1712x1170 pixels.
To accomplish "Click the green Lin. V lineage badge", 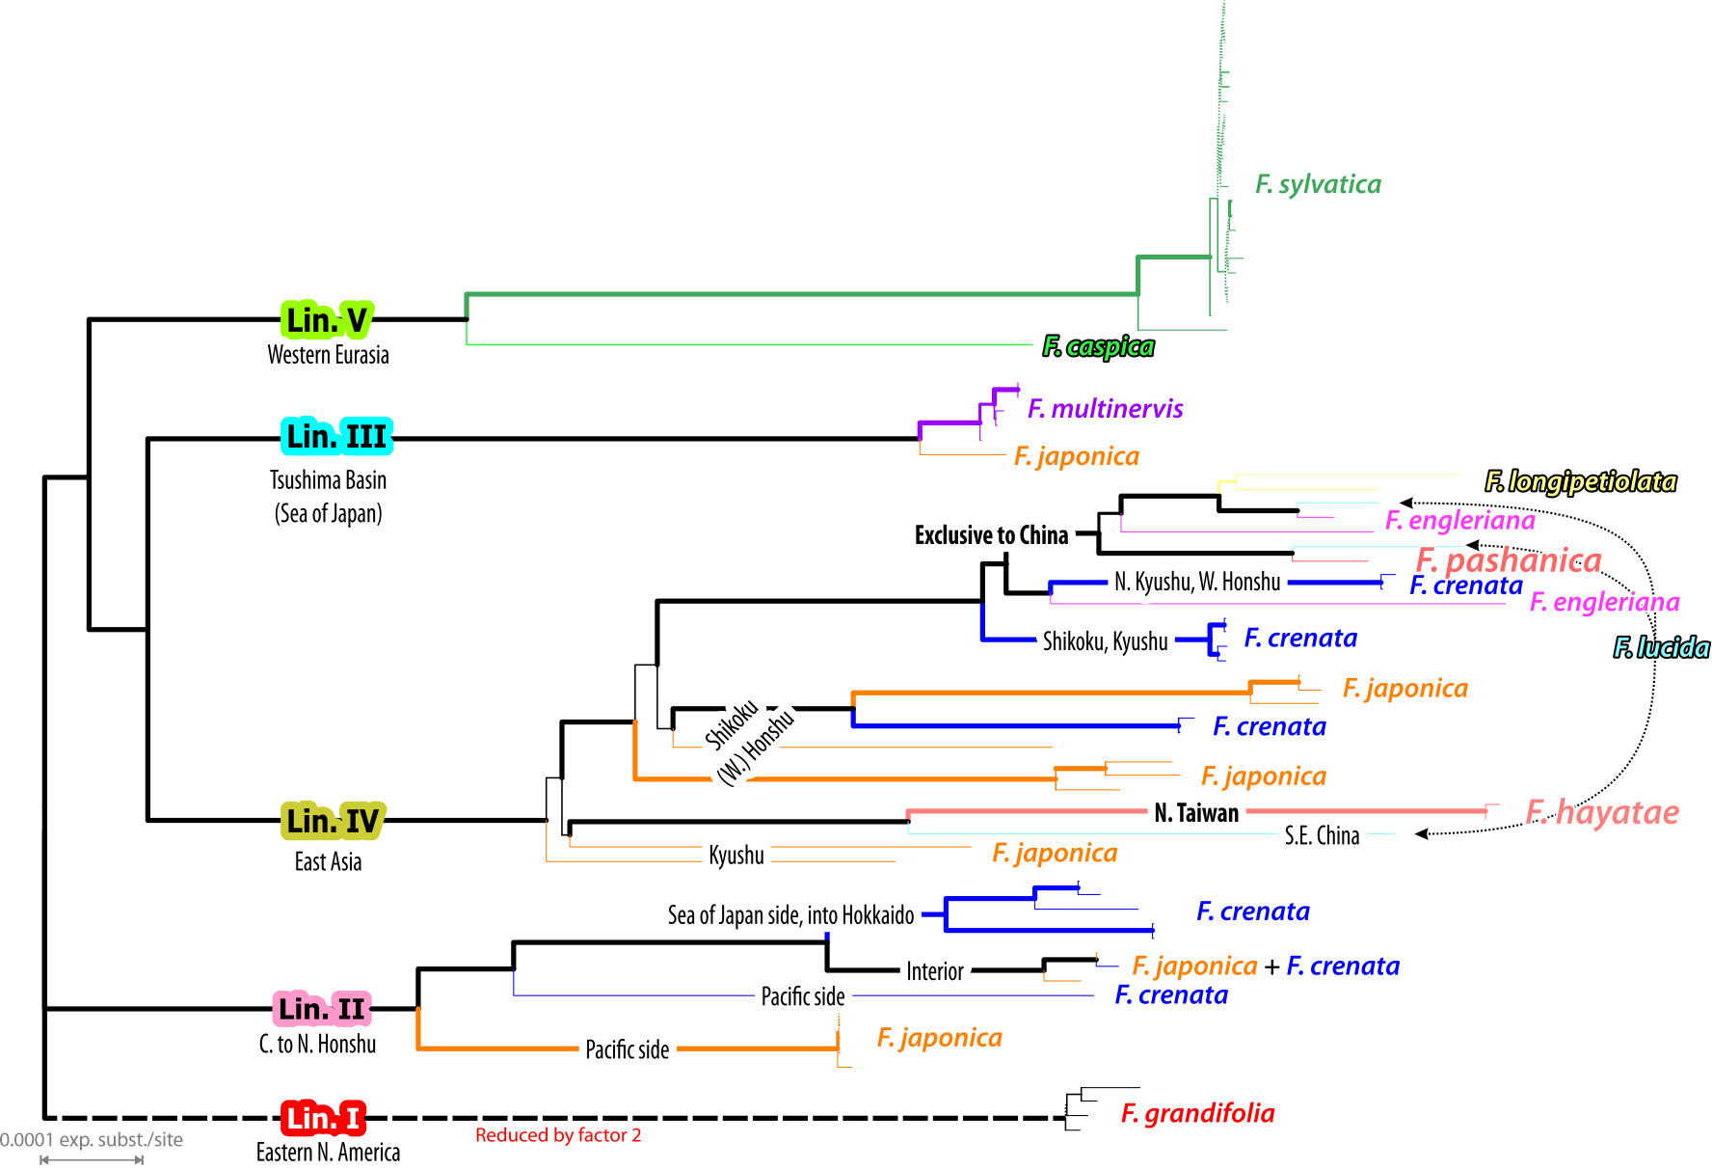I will [327, 319].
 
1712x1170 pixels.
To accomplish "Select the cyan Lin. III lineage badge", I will [336, 437].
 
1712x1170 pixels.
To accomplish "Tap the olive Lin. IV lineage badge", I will [333, 821].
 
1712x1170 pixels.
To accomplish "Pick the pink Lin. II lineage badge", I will [322, 1009].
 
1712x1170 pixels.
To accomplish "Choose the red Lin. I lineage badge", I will [324, 1118].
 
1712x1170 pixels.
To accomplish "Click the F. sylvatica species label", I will [1318, 184].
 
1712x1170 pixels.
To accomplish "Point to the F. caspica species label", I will [1098, 346].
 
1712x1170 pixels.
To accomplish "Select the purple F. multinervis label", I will [1105, 409].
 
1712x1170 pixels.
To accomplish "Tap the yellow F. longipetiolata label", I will [1580, 481].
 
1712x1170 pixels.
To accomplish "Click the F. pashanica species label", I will [1509, 560].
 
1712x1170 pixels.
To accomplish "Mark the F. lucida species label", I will [1662, 647].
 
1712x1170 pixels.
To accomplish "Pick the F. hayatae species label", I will [1602, 812].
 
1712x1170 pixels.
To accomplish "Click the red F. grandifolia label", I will [1197, 1114].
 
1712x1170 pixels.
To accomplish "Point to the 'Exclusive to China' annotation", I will [991, 535].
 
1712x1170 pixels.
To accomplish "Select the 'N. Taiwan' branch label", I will [1196, 813].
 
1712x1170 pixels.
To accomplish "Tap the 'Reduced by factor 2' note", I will [558, 1135].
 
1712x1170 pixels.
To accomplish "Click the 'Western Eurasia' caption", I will [328, 355].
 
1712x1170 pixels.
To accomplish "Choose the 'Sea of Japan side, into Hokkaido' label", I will [790, 914].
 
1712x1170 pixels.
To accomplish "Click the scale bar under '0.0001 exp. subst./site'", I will [92, 1159].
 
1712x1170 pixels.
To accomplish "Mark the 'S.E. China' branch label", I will [1322, 835].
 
